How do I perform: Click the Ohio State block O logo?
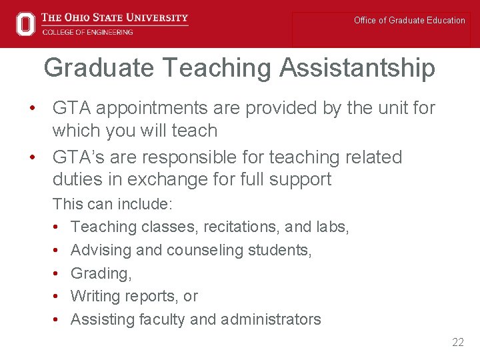[x=25, y=24]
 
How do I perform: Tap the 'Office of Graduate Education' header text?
[x=409, y=21]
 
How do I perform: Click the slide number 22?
[x=457, y=342]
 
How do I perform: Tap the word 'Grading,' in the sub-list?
[x=101, y=273]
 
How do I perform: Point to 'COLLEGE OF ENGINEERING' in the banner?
[x=87, y=32]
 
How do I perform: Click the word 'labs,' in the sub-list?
[x=333, y=227]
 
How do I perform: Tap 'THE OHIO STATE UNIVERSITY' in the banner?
[x=115, y=17]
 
